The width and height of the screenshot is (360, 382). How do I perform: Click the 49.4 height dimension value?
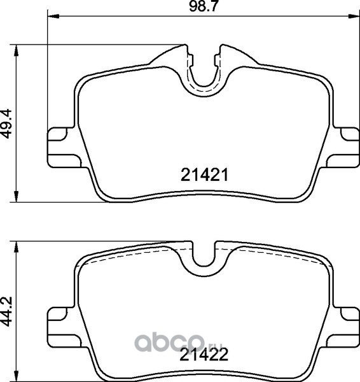pyautogui.click(x=6, y=124)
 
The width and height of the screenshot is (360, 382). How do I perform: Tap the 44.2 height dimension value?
pyautogui.click(x=6, y=312)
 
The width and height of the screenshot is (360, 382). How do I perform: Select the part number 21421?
pyautogui.click(x=204, y=175)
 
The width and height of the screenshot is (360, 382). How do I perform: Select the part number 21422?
pyautogui.click(x=204, y=355)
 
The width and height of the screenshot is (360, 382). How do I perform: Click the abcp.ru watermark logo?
pyautogui.click(x=179, y=343)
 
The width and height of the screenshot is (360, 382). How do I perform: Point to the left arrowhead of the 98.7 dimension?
pyautogui.click(x=53, y=17)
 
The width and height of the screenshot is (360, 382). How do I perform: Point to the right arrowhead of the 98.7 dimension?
pyautogui.click(x=354, y=17)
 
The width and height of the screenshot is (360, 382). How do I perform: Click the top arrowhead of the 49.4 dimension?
pyautogui.click(x=16, y=51)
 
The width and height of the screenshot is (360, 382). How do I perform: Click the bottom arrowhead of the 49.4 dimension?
pyautogui.click(x=16, y=196)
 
